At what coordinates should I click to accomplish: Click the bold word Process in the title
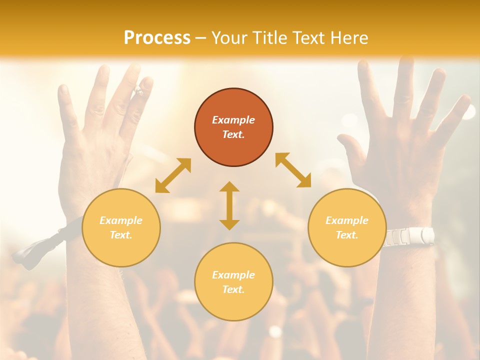pos(157,38)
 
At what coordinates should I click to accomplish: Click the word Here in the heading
pos(348,38)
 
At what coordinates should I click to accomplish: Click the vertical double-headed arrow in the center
pos(229,205)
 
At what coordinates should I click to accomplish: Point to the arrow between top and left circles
pos(173,175)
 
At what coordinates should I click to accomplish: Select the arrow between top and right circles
pos(293,170)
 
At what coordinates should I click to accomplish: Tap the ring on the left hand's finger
pos(138,91)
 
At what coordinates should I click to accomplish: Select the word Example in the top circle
pos(233,120)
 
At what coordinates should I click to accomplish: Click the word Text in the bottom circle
pos(232,289)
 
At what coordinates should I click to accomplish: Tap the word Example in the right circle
pos(347,220)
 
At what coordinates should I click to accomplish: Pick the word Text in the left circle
pos(120,235)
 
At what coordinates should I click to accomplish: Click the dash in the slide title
pos(201,38)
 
